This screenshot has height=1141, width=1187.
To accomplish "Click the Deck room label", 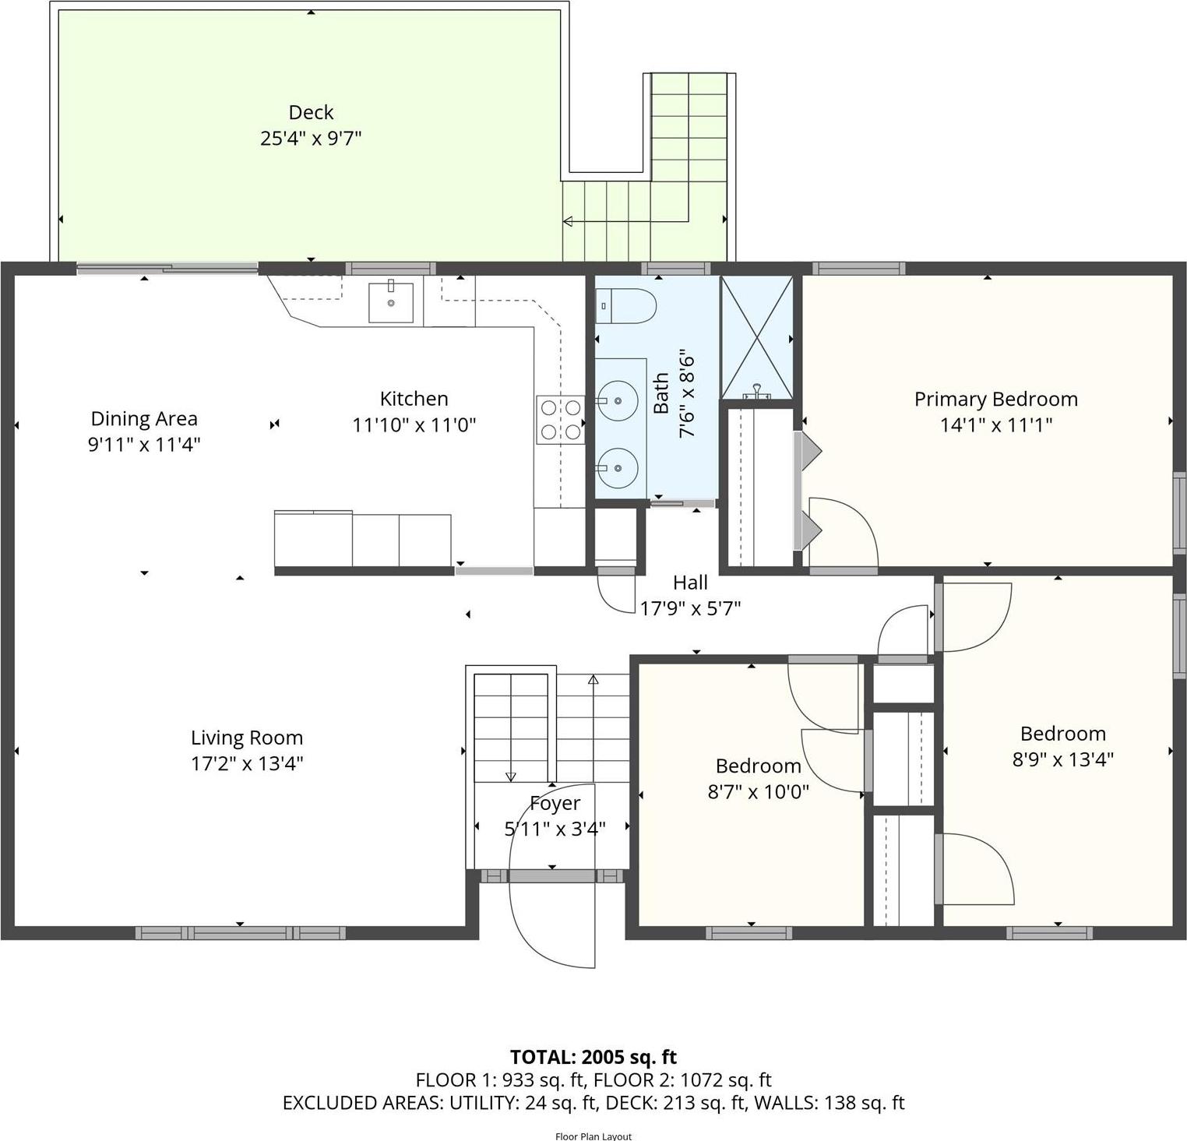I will (311, 113).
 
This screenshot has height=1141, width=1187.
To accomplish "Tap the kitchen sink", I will (390, 301).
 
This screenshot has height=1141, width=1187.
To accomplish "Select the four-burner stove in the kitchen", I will (560, 420).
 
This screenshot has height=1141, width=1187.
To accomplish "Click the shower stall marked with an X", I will (756, 337).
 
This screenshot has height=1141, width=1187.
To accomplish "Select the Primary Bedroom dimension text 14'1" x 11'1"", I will (995, 425).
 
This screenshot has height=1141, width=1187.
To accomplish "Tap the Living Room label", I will (247, 738).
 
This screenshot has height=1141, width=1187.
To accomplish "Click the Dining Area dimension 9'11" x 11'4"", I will (144, 445).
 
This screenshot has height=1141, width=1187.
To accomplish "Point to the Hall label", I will (690, 583).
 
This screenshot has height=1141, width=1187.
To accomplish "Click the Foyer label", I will (555, 803).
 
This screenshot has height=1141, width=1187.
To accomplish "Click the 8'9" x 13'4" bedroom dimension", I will (1062, 759).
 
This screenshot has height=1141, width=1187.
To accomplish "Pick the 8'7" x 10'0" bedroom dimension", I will (758, 792).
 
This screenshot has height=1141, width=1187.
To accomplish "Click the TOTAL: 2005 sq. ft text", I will (593, 1057).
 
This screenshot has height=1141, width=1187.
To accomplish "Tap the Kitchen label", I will (414, 399).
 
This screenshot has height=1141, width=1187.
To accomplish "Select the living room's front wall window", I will (240, 932).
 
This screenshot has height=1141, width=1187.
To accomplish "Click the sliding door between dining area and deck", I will (167, 269).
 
